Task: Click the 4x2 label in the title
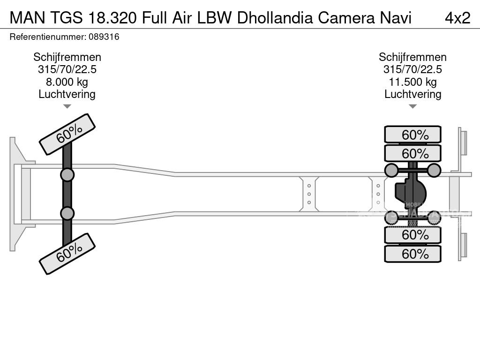457,17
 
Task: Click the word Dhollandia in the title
276,17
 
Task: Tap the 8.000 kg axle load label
67,82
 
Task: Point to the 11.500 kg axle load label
412,82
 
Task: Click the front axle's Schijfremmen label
67,57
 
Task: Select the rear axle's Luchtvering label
412,94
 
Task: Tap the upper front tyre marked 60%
67,135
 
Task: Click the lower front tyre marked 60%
67,255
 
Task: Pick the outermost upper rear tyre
412,135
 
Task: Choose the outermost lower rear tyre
412,254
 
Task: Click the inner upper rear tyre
412,153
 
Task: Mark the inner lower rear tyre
412,234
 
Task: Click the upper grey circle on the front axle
67,175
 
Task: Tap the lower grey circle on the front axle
67,213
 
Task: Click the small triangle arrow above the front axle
67,107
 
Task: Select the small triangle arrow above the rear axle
412,107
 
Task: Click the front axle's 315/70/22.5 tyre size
67,70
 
